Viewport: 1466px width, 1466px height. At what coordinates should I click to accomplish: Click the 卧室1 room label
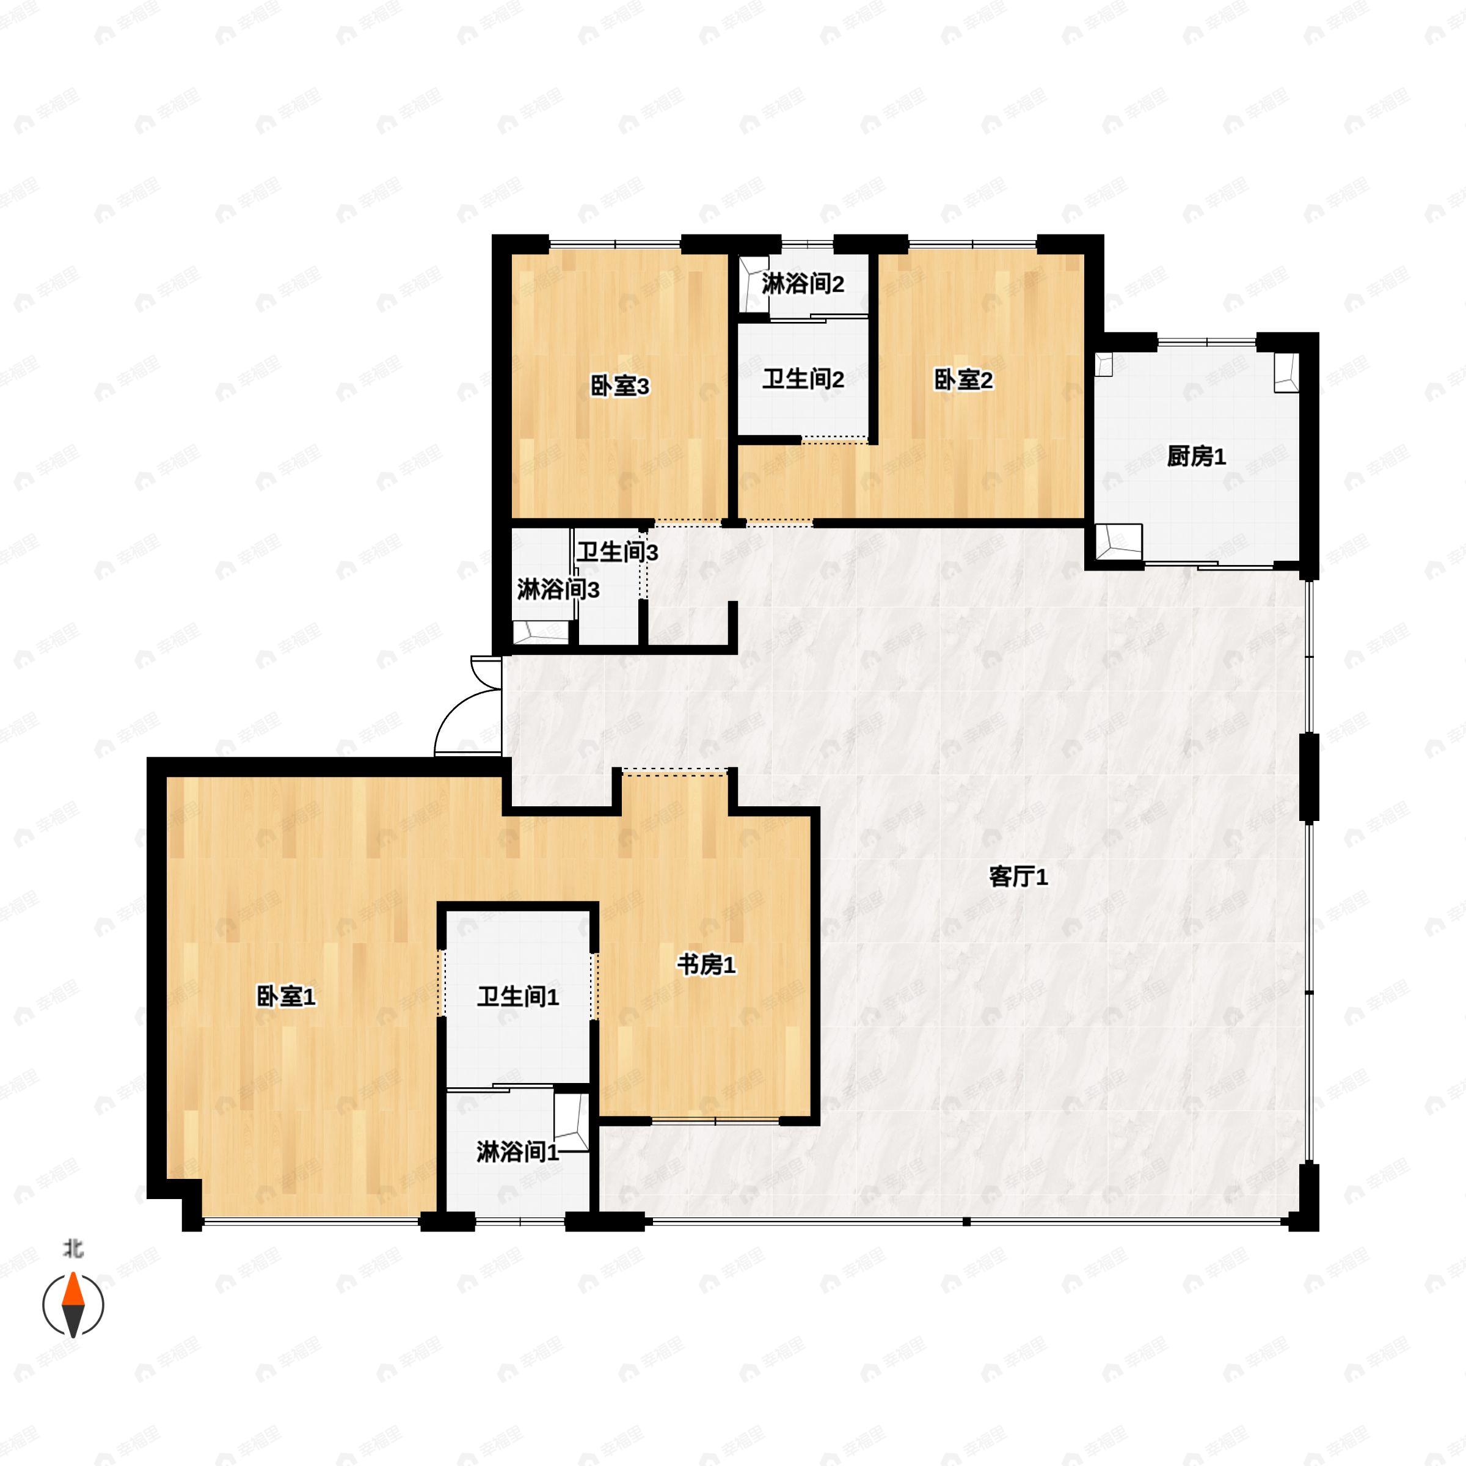[x=286, y=996]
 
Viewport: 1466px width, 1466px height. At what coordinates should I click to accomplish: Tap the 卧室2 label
[x=963, y=379]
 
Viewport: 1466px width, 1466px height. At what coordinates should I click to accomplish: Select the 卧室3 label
[x=620, y=386]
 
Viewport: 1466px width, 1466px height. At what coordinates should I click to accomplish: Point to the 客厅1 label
[x=1018, y=877]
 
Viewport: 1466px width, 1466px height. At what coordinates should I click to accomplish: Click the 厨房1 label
[x=1197, y=456]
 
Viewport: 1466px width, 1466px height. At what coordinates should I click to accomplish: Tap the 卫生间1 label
[x=518, y=997]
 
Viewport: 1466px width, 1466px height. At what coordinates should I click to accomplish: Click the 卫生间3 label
[x=617, y=552]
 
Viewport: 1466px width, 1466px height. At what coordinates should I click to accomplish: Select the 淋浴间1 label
[x=517, y=1152]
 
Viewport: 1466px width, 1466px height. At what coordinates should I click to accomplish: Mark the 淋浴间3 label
[x=558, y=589]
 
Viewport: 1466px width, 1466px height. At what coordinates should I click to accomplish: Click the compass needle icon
[x=73, y=1305]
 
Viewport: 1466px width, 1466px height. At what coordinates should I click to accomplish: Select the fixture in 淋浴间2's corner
[x=754, y=285]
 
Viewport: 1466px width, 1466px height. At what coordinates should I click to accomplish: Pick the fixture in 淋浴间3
[x=540, y=632]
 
